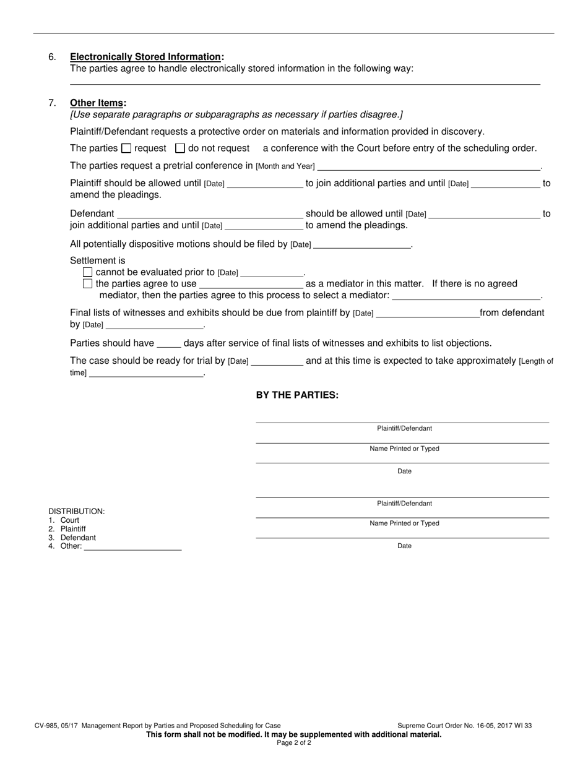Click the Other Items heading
[x=98, y=103]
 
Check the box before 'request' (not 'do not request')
[x=126, y=148]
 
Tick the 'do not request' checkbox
[x=180, y=148]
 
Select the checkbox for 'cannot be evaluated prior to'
[x=87, y=272]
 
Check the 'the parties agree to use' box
[x=87, y=283]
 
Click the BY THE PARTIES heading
[x=297, y=395]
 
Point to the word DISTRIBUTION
[x=77, y=512]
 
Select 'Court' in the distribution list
[x=70, y=520]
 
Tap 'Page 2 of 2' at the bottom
[x=294, y=743]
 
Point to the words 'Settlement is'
[x=98, y=260]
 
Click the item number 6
[x=52, y=57]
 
